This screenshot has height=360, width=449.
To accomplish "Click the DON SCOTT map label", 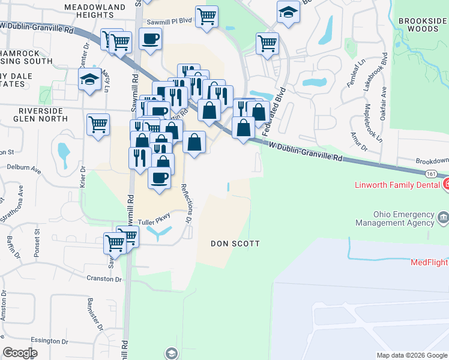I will coord(235,244).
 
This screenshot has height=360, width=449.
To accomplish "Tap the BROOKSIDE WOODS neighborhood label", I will coord(422,26).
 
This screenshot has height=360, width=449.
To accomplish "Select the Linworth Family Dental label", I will coord(397,185).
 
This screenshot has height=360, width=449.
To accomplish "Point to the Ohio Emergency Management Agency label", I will coord(403,218).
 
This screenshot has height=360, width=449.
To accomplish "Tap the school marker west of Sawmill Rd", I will coord(89,79).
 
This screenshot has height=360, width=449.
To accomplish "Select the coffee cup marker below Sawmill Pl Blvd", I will coord(150,39).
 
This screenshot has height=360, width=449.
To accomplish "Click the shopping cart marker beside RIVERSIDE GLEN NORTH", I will coord(98,125).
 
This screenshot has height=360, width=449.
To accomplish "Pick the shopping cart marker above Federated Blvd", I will coord(267,43).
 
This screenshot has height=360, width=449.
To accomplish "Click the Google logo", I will coord(20,353).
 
